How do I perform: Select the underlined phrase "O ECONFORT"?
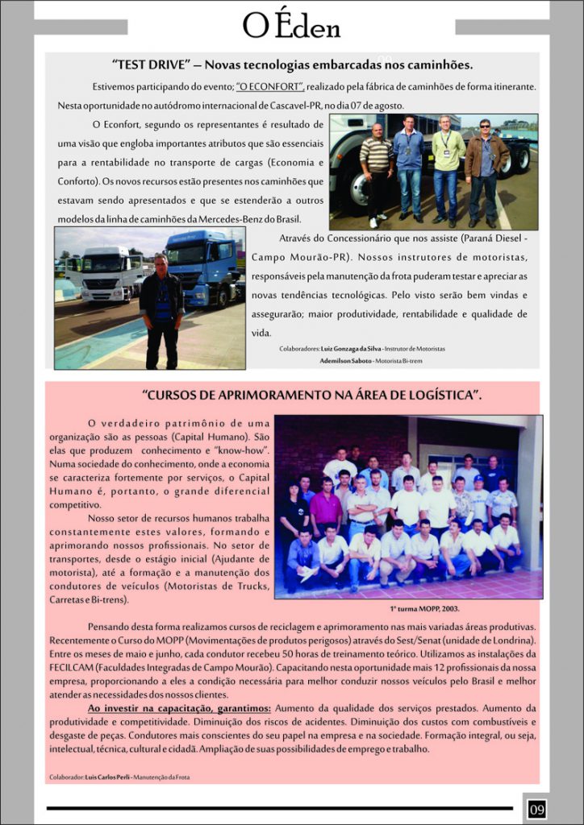pyautogui.click(x=270, y=86)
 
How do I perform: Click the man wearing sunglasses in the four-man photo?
pyautogui.click(x=486, y=169)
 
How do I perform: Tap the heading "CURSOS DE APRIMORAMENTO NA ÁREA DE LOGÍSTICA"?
pyautogui.click(x=311, y=395)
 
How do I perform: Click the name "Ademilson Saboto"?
pyautogui.click(x=346, y=360)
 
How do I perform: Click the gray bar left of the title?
pyautogui.click(x=81, y=27)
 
